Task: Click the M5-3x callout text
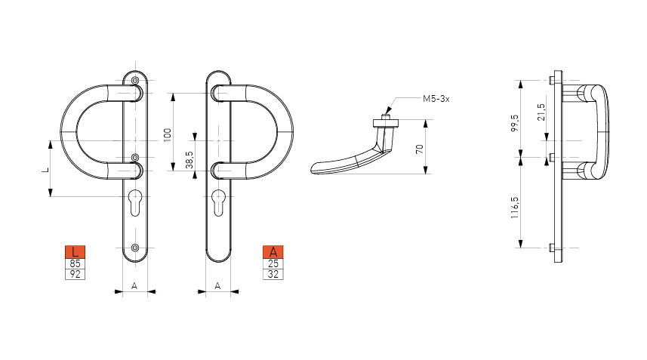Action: click(436, 99)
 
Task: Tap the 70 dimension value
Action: click(420, 149)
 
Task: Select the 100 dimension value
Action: click(168, 135)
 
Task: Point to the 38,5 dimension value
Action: click(189, 159)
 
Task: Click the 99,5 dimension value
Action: click(515, 123)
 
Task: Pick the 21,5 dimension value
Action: click(541, 112)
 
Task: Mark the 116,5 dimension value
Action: click(515, 208)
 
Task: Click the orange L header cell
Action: click(75, 252)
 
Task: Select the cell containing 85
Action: click(75, 264)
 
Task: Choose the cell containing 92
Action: click(75, 274)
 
